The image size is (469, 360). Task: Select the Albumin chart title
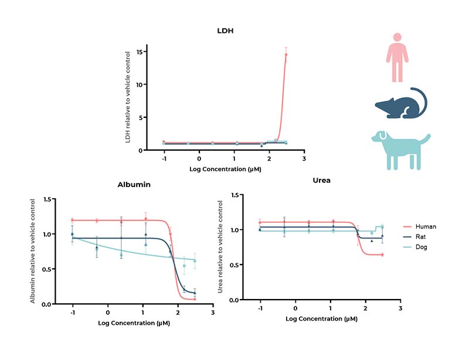(x=135, y=184)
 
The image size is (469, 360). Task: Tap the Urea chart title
(x=321, y=180)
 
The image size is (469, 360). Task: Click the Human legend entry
(x=425, y=226)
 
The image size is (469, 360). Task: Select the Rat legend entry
(x=422, y=237)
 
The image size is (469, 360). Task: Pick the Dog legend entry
(x=422, y=247)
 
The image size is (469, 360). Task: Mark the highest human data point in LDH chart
(x=286, y=55)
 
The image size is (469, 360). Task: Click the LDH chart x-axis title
(x=225, y=169)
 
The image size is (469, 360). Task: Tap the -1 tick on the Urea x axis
(x=259, y=308)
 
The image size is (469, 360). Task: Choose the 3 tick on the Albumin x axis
(x=212, y=313)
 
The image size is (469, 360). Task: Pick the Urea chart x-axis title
(x=321, y=318)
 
